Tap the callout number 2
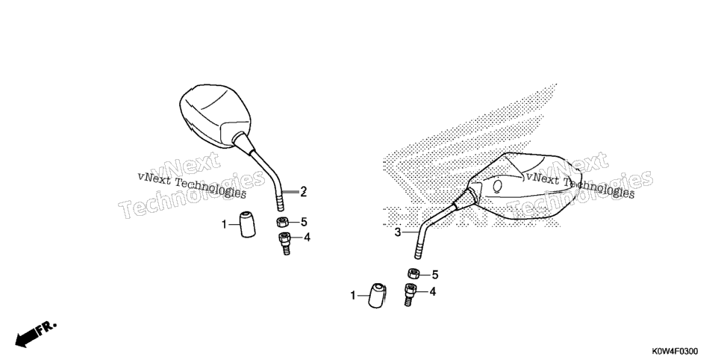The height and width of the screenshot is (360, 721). (304, 192)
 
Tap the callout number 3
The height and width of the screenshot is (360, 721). (399, 232)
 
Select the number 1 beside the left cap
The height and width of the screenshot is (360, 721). (225, 225)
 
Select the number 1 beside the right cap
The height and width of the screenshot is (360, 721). (353, 296)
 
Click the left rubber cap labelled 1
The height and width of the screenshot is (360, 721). (247, 224)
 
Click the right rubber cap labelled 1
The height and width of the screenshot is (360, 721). (377, 296)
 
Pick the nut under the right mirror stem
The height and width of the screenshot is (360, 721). (413, 273)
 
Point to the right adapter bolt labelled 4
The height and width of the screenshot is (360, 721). (411, 295)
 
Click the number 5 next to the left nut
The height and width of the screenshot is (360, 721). (304, 223)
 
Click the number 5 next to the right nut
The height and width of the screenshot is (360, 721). (434, 276)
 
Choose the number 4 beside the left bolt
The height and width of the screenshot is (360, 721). (307, 238)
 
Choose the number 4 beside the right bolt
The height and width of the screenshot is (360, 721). (432, 291)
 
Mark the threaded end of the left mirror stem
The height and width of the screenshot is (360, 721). (281, 202)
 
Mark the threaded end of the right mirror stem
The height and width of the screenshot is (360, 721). (418, 252)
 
